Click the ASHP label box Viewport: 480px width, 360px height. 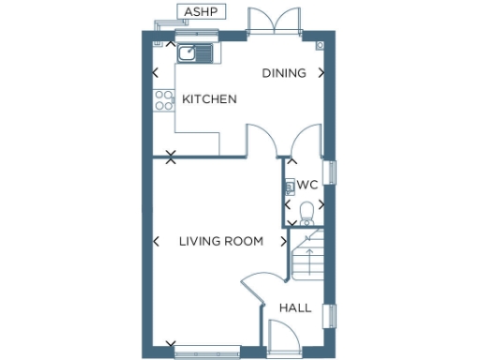tap(199, 12)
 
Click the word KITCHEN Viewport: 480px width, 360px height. tap(209, 99)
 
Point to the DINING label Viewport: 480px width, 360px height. tap(284, 73)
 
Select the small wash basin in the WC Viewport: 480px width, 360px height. tap(290, 186)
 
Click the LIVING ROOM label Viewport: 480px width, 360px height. tap(220, 241)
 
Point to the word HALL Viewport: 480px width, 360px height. tap(295, 307)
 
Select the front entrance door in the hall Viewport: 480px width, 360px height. tap(281, 337)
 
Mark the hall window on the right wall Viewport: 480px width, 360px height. tap(330, 317)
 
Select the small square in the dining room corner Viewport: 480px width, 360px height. tap(321, 45)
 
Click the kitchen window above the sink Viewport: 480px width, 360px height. tap(196, 36)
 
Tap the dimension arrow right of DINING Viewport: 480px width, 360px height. tap(322, 72)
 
